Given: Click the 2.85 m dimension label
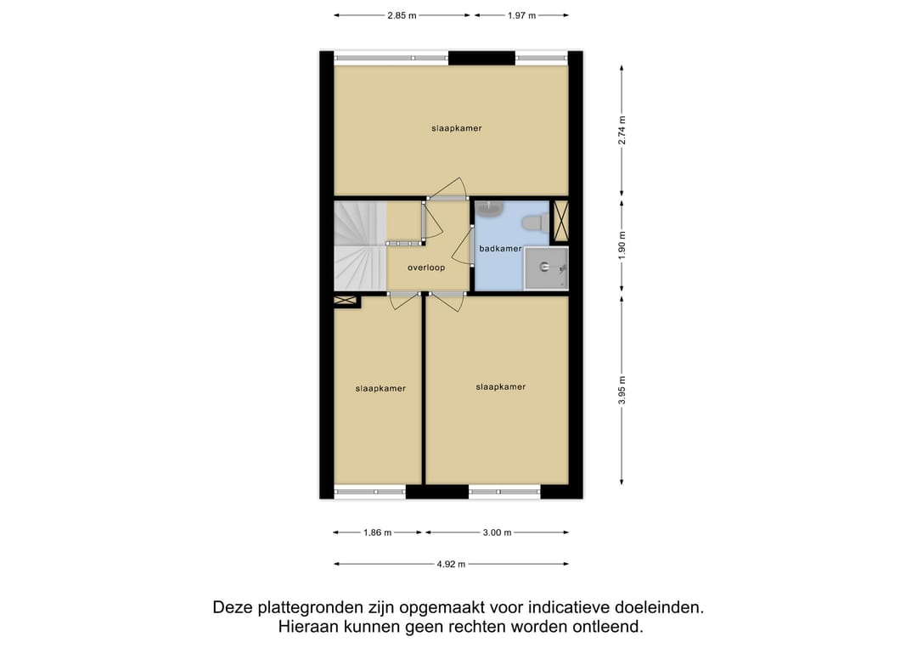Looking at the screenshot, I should point(403,15).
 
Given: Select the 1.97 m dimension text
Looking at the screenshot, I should point(521,15).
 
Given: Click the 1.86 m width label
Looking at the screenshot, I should point(378,532).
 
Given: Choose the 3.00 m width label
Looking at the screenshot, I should point(497,532).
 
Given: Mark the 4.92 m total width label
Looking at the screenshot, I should point(451,564).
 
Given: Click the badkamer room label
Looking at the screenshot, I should point(500,249).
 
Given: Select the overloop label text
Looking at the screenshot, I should point(426,268).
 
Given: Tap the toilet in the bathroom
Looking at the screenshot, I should point(532,223).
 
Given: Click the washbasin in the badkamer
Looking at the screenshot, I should point(491,208).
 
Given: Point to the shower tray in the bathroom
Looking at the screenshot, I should point(545,268).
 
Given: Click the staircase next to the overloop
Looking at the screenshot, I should point(358,246).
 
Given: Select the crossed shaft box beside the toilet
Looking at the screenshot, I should point(560,221).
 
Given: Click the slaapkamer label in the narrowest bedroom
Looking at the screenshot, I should point(380,388).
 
